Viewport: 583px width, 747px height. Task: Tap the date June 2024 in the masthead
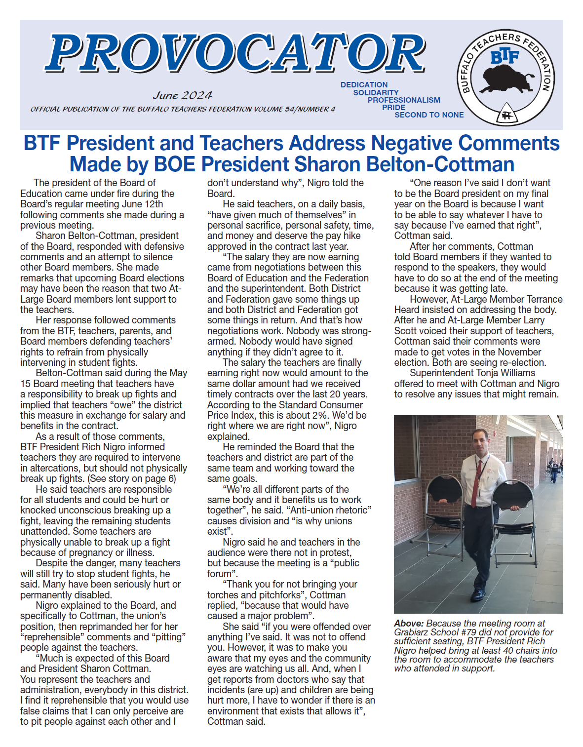[x=182, y=95]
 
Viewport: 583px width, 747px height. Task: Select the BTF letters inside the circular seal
[x=505, y=57]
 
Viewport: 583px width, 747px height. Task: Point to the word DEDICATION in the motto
[x=364, y=85]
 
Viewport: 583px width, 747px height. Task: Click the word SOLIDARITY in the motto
[x=376, y=92]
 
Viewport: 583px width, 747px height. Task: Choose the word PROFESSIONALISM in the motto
[x=403, y=100]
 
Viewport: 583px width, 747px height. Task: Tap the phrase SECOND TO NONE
[x=429, y=115]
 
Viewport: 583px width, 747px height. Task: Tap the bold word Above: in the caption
[x=409, y=624]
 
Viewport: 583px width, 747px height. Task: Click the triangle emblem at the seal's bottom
[x=505, y=115]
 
